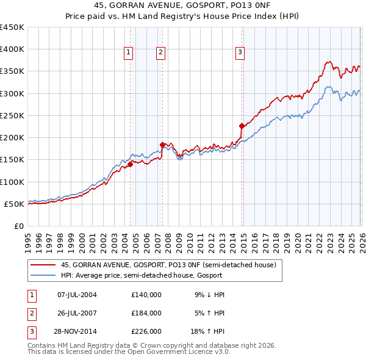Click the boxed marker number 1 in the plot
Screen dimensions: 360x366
pyautogui.click(x=129, y=53)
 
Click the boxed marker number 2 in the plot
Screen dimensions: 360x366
pyautogui.click(x=160, y=53)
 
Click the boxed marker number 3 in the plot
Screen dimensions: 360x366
pyautogui.click(x=240, y=53)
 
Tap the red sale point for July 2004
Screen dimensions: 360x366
pyautogui.click(x=130, y=164)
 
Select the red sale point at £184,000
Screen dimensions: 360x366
pyautogui.click(x=162, y=145)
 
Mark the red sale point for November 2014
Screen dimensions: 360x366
pyautogui.click(x=242, y=126)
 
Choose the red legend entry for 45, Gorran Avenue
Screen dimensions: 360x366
pyautogui.click(x=168, y=265)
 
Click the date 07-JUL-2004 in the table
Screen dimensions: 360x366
pyautogui.click(x=77, y=295)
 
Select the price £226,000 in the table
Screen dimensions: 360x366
pyautogui.click(x=146, y=331)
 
